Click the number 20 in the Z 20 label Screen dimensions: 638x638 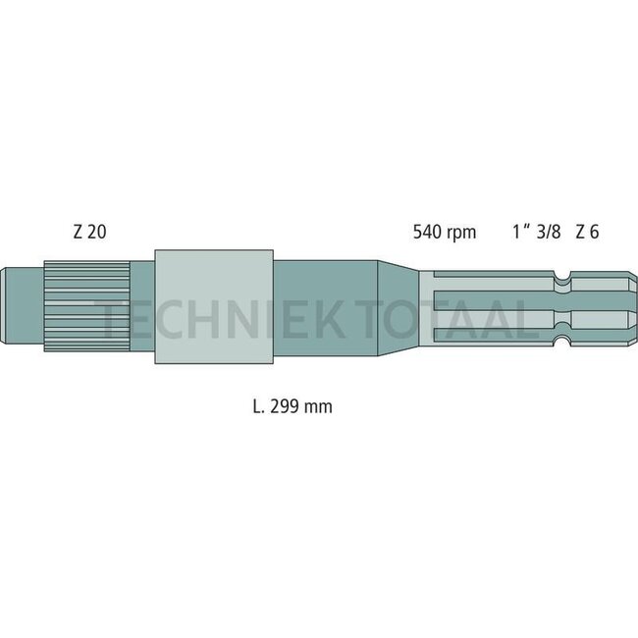(x=96, y=233)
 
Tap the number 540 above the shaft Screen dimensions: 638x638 (x=427, y=233)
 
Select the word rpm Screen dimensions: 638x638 (x=461, y=234)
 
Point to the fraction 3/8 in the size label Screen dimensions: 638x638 (x=549, y=233)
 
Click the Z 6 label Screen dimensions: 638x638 (x=587, y=233)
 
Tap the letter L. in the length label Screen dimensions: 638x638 (x=258, y=405)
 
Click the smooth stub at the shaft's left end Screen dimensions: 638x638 (x=23, y=305)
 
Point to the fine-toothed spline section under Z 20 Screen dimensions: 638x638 (x=86, y=305)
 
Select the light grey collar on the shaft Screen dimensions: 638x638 (x=213, y=306)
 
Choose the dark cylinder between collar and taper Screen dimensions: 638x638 (x=324, y=306)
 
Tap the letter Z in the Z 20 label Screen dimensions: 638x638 (x=77, y=233)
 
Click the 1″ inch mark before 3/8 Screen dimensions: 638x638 (x=520, y=233)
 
